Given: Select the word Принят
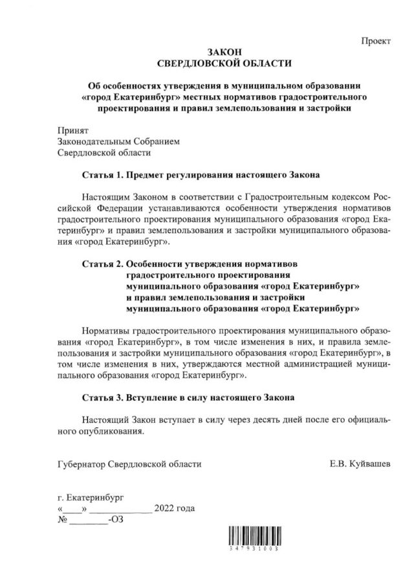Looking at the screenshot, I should point(72,129).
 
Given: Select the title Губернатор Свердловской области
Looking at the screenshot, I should point(129,464).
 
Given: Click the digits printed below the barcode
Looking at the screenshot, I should point(253,548).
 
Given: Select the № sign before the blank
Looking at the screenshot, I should point(63,519).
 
